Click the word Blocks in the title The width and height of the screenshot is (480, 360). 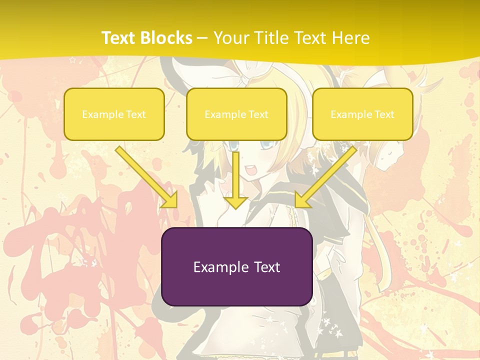pos(167,37)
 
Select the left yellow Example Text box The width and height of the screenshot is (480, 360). pos(114,114)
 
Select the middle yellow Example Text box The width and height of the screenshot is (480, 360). pos(236,114)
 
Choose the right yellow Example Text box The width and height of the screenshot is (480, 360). pos(362,114)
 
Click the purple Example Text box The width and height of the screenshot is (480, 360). pos(236,266)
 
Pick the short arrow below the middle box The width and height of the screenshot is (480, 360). pos(236,180)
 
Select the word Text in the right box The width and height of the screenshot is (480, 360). pos(384,114)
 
